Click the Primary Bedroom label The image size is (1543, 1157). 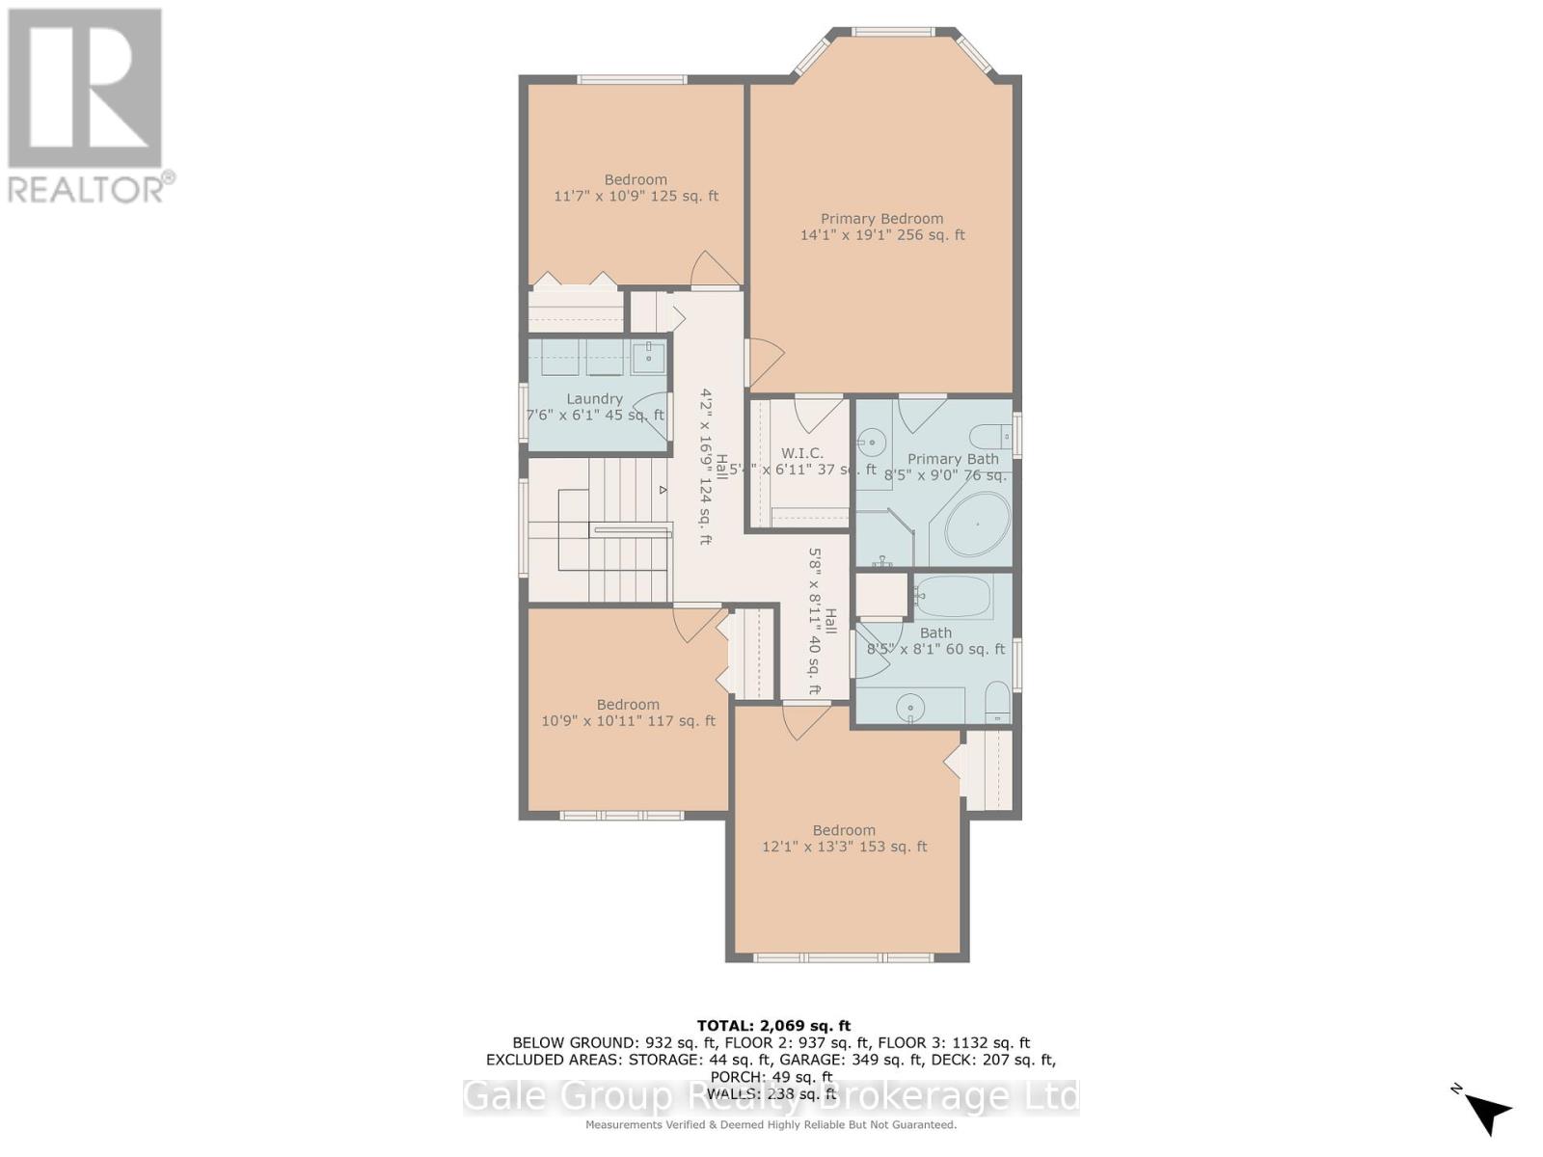881,219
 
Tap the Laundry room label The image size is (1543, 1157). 594,399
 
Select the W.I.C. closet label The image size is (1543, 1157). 801,453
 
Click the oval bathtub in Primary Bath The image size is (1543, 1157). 977,525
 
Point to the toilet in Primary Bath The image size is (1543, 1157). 988,436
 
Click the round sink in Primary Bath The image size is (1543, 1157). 872,444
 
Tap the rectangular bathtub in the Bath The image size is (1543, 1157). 953,597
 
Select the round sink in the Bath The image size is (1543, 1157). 909,710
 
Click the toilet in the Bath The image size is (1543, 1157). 997,703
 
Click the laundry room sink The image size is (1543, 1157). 649,357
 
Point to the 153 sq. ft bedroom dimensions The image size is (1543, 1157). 844,848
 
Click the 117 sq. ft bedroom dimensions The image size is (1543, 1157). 628,721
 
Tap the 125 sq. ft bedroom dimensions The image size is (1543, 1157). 636,197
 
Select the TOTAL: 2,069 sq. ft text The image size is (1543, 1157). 773,1026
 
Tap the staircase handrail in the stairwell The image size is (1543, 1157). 631,528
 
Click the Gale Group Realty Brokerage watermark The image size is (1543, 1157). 771,1097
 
